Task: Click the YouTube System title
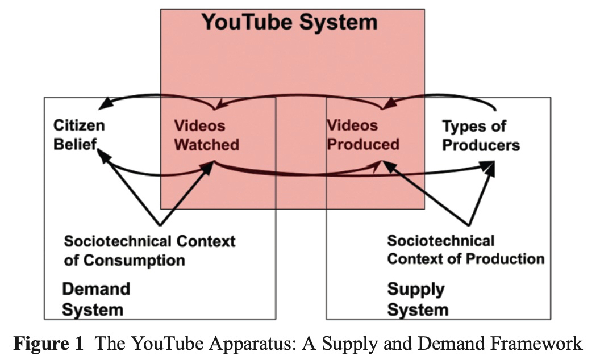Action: [x=290, y=22]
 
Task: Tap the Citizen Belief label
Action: [x=79, y=135]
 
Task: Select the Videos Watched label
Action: [x=206, y=135]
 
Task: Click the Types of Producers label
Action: [x=481, y=135]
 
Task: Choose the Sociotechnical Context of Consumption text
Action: [x=149, y=250]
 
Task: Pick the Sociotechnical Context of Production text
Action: [x=465, y=250]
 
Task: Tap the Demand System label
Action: [x=95, y=299]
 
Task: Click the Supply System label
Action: [x=418, y=299]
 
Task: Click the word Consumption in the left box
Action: [x=134, y=260]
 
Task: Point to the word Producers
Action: [x=481, y=145]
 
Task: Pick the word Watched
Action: [x=206, y=144]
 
